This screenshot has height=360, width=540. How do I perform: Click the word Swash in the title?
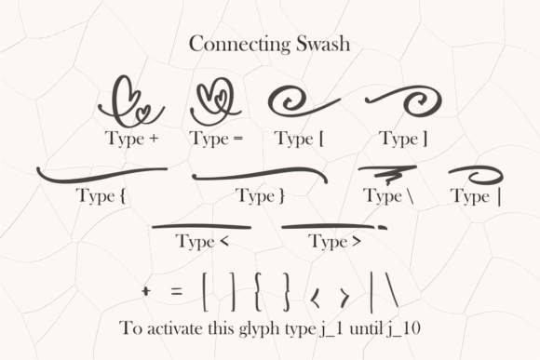[323, 44]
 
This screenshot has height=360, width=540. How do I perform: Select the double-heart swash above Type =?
[215, 101]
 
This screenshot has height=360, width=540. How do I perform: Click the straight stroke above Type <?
[201, 226]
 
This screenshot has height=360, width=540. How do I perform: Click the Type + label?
[132, 139]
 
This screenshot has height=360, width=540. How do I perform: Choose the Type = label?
[217, 139]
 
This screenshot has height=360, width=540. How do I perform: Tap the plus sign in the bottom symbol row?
[146, 291]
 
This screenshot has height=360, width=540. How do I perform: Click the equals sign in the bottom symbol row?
[176, 291]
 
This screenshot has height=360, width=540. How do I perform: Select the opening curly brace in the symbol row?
[258, 292]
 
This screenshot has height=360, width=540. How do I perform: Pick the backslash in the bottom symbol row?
[390, 290]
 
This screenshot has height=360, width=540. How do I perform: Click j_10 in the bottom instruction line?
[403, 328]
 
